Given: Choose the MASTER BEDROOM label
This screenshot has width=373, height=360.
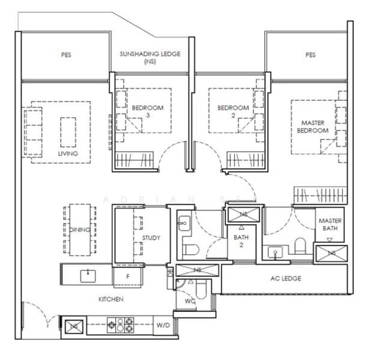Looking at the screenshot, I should [x=315, y=126].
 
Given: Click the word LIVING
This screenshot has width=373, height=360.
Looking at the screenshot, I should [x=68, y=154].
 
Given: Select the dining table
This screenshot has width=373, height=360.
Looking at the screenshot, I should [x=80, y=229].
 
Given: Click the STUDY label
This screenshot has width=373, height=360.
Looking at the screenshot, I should [x=151, y=238].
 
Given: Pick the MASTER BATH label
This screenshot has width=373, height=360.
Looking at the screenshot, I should [x=330, y=224].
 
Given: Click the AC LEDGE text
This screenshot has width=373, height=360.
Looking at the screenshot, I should [x=286, y=278].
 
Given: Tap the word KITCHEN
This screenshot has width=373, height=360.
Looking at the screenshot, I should [x=112, y=298].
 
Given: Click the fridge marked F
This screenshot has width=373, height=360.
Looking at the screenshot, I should [x=128, y=277].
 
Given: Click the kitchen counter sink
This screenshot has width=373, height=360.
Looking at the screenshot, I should [x=88, y=275].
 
